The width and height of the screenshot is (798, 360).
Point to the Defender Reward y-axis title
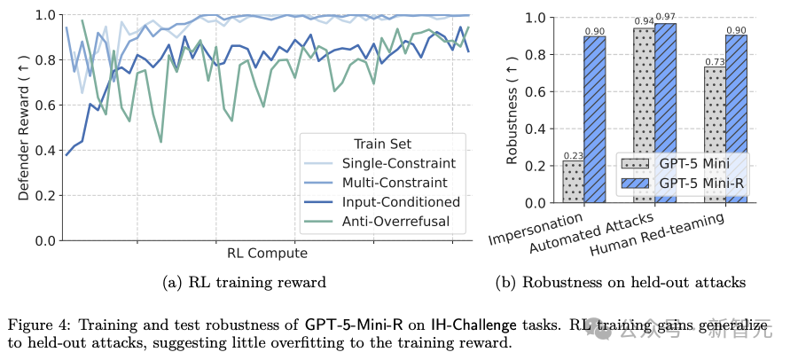24,128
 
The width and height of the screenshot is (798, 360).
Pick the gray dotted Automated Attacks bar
644,115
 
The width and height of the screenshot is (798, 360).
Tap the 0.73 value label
715,61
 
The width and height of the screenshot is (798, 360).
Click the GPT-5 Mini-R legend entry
696,182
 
